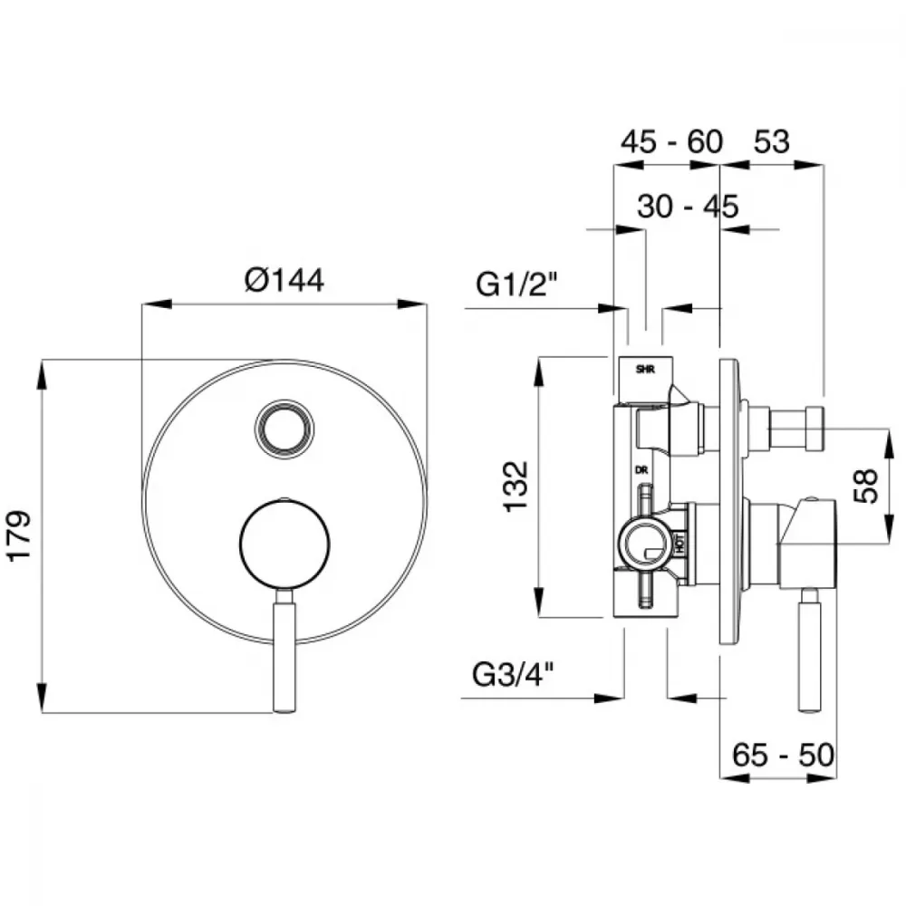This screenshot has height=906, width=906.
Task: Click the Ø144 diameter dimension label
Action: tap(284, 280)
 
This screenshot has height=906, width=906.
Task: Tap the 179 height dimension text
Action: tap(19, 535)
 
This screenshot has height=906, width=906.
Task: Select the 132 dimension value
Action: tap(516, 486)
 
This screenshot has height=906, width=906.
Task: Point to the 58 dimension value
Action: tap(865, 487)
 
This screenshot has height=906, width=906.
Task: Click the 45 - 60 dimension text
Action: tap(671, 141)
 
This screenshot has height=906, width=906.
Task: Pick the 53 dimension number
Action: tap(771, 141)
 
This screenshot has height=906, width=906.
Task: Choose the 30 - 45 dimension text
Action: tap(688, 207)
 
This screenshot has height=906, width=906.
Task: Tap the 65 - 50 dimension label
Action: tap(783, 755)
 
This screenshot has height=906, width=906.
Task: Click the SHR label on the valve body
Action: tap(645, 370)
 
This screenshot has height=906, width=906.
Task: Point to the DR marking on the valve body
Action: tap(641, 470)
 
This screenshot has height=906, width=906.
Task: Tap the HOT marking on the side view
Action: tap(680, 543)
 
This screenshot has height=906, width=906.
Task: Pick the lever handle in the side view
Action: tap(809, 651)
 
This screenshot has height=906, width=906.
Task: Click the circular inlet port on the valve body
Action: tap(645, 543)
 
